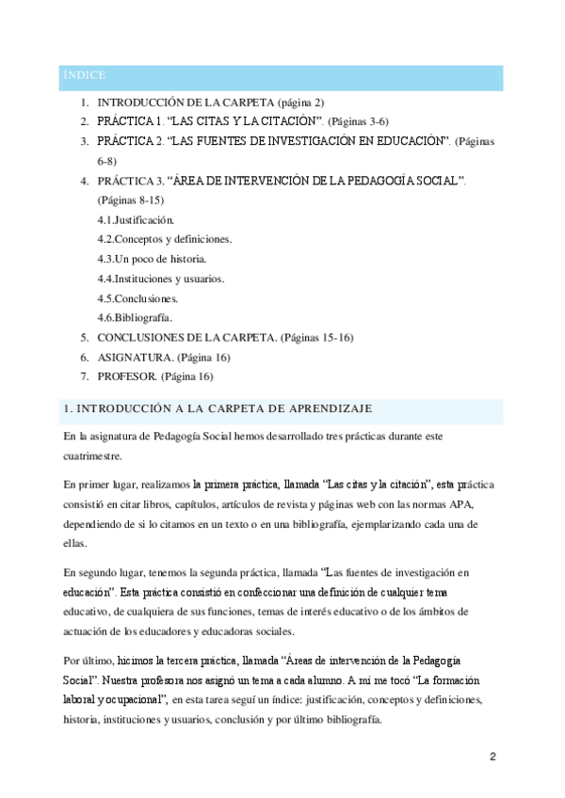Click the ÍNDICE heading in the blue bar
coord(84,74)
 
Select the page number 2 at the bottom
coord(492,757)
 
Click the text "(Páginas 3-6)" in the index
coord(359,121)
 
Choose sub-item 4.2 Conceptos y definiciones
coord(165,238)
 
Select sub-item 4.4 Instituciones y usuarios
coord(161,278)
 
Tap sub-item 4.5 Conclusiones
coord(138,297)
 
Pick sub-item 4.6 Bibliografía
coord(135,317)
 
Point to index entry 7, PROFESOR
coord(127,376)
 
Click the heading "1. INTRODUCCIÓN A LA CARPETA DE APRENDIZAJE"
coord(217,407)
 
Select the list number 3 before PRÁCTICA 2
coord(84,141)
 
